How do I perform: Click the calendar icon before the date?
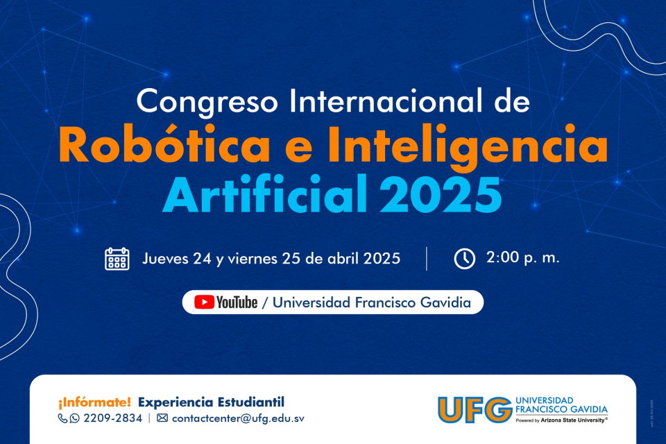click(117, 258)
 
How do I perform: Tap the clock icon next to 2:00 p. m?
click(464, 258)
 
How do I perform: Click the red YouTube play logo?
click(204, 302)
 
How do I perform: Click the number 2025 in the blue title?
click(440, 195)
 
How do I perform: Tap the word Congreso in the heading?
click(209, 102)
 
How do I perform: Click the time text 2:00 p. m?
click(522, 258)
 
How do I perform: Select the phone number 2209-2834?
click(112, 418)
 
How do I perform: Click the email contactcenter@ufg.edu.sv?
click(238, 418)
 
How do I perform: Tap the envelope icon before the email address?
click(162, 418)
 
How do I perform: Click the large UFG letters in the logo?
click(474, 410)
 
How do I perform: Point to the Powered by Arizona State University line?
click(561, 420)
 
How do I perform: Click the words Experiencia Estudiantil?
click(211, 402)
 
